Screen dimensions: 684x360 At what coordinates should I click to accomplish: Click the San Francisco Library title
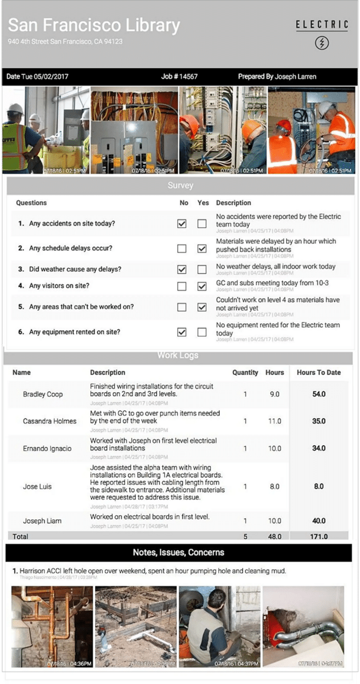click(94, 25)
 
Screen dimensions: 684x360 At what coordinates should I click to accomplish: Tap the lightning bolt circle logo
click(322, 43)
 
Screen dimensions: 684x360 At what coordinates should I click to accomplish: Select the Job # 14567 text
click(179, 76)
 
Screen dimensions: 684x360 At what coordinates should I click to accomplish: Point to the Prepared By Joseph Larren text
click(277, 76)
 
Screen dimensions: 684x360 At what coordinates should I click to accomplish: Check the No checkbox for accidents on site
click(182, 224)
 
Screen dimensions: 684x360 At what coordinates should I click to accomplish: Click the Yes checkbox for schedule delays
click(202, 249)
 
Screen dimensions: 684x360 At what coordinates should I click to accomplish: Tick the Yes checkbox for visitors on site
click(202, 286)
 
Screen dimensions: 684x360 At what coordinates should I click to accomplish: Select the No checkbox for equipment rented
click(182, 332)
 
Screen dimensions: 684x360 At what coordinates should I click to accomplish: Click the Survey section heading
click(180, 185)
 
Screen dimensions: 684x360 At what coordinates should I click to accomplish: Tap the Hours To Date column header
click(319, 372)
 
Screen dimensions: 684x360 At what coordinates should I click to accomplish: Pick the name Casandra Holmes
click(50, 421)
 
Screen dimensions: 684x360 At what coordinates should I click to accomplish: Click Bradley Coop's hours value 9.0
click(275, 394)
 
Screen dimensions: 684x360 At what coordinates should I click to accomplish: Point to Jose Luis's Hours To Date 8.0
click(319, 486)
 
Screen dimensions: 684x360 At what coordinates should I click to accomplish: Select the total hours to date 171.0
click(319, 536)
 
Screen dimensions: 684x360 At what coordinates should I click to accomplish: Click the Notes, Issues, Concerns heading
click(178, 552)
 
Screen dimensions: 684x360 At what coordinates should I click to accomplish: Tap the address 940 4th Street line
click(66, 42)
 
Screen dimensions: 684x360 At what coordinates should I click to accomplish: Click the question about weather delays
click(75, 269)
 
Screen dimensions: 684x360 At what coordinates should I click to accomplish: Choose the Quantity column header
click(245, 372)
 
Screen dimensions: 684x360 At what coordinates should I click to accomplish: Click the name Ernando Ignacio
click(47, 449)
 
